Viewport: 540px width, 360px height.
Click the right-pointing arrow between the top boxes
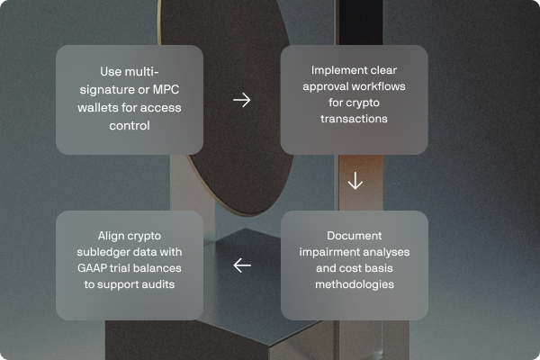point(242,99)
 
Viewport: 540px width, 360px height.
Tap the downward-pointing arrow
point(355,181)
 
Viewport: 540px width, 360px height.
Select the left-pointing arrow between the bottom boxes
point(242,265)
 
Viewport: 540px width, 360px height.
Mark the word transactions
point(355,118)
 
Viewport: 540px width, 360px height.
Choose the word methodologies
point(355,284)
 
